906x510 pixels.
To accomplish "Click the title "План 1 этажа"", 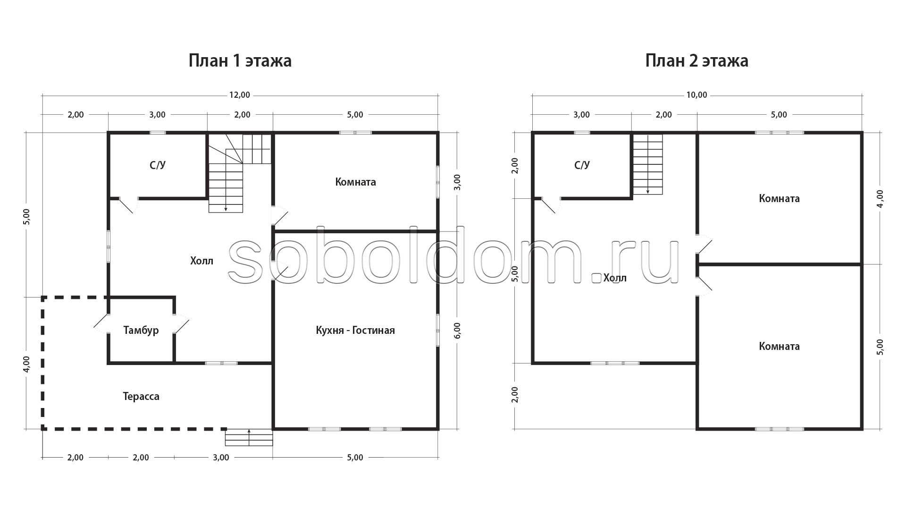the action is [240, 61].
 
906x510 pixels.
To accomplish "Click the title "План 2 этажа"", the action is [696, 61].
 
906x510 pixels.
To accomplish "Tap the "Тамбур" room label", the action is [141, 331].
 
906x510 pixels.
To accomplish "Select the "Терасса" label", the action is [141, 396].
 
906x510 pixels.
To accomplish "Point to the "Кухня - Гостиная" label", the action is [355, 330].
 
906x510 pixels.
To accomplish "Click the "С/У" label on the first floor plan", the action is [158, 165].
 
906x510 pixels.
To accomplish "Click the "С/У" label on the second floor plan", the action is [582, 165].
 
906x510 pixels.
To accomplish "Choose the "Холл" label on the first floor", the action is [201, 261].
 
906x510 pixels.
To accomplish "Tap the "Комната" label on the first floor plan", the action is [355, 182].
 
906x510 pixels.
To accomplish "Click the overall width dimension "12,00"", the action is [240, 95].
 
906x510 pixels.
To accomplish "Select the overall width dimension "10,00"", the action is [696, 95].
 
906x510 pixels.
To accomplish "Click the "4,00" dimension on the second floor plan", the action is [880, 198].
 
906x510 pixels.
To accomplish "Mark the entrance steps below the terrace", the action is [249, 437].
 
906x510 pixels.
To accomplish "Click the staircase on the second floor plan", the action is [648, 164].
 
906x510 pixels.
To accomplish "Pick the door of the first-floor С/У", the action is [128, 204].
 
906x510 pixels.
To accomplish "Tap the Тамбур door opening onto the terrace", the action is [101, 323].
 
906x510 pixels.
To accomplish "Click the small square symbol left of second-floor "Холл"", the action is [596, 278].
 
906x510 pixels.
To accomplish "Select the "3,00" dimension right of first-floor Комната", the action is [457, 182].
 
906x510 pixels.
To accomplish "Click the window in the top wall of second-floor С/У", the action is [582, 133].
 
